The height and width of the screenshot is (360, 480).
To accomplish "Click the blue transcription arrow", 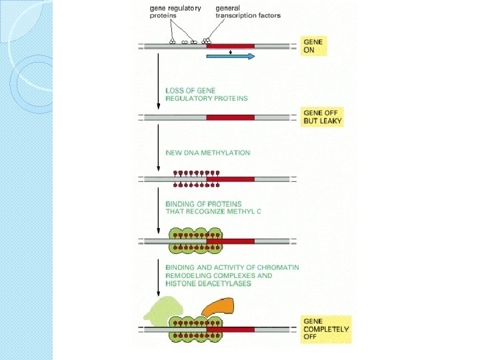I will click(x=231, y=57).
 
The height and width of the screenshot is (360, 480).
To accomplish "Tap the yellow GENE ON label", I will click(x=313, y=46).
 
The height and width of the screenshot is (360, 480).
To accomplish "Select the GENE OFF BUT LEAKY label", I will click(x=323, y=117).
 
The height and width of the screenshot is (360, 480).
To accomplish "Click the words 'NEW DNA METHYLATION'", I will click(x=207, y=153).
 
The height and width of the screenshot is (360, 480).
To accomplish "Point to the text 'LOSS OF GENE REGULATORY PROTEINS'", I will click(x=206, y=94).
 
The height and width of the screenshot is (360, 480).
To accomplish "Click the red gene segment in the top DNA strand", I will click(x=230, y=46).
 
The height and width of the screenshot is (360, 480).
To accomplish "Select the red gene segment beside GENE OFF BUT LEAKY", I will click(x=230, y=117).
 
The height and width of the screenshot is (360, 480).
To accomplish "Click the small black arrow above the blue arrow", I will click(x=230, y=51).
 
